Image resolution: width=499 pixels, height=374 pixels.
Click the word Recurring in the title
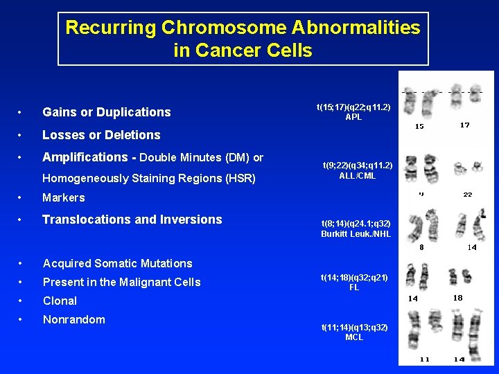pos(111,28)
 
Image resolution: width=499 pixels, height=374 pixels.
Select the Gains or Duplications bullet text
pos(106,112)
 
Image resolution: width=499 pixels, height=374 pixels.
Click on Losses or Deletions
pos(101,135)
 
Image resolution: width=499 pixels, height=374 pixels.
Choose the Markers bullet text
pos(64,198)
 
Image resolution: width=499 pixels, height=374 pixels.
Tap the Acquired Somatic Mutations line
pos(117,263)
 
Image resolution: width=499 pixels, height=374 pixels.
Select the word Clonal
pos(60,301)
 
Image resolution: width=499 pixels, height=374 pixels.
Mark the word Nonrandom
pos(73,319)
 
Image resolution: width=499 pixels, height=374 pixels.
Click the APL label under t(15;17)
pos(353,117)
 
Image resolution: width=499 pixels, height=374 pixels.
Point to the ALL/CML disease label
pos(358,175)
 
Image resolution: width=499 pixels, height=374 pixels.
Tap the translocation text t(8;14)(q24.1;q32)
pos(356,224)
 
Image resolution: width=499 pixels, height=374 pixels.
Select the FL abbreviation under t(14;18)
pos(353,287)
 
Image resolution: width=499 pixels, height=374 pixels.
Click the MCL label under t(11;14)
pos(353,337)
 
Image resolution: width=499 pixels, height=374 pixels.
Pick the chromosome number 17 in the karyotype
pos(464,125)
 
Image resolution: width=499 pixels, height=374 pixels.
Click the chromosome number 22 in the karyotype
pos(468,195)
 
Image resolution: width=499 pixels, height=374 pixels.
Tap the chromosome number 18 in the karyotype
pos(457,298)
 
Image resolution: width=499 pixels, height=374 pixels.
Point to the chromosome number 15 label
pos(419,127)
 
